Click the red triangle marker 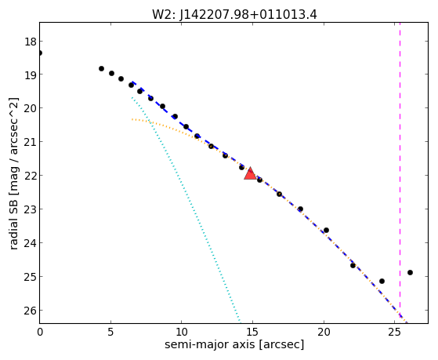[x=250, y=173]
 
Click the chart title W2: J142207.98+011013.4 [x=234, y=15]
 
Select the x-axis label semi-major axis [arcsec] [x=234, y=344]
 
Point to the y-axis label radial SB [x=13, y=223]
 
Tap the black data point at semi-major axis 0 [x=40, y=53]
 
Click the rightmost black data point [x=410, y=272]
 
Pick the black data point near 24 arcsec [x=382, y=281]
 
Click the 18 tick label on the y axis [x=31, y=42]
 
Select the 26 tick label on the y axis [x=31, y=311]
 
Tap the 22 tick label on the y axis [x=31, y=176]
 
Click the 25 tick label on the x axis [x=394, y=332]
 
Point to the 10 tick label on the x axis [x=182, y=332]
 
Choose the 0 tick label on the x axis [x=40, y=332]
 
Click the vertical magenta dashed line [x=400, y=170]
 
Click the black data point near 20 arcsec [x=326, y=231]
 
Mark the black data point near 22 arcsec [x=353, y=265]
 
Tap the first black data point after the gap [x=101, y=68]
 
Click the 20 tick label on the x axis [x=324, y=332]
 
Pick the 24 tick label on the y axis [x=31, y=243]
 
